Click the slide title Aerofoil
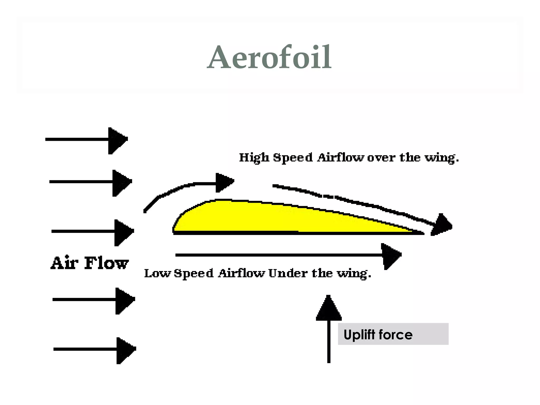[x=269, y=57]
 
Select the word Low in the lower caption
[x=157, y=273]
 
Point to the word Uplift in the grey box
[x=359, y=335]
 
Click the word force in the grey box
[x=395, y=335]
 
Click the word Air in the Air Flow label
[x=64, y=263]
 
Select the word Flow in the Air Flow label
[x=106, y=263]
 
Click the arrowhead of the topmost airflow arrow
[x=117, y=141]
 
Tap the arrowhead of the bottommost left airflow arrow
[x=125, y=350]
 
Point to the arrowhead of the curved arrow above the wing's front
[x=224, y=182]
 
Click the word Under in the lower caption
[x=288, y=273]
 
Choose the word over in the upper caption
[x=381, y=158]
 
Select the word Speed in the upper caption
[x=293, y=158]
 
